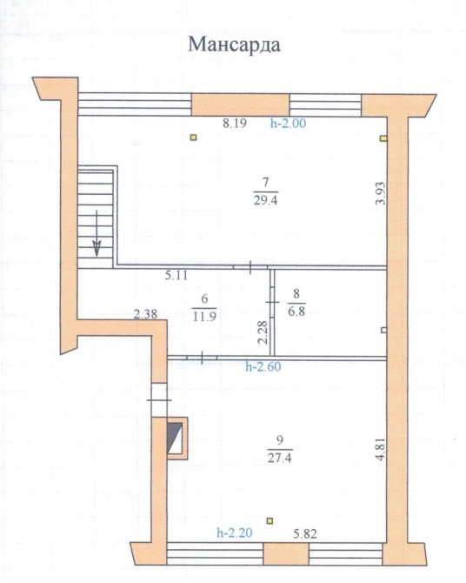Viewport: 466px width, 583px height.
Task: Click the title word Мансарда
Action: (x=234, y=45)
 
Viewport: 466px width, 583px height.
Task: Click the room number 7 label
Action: (x=265, y=182)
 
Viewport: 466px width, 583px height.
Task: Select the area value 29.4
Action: (x=265, y=201)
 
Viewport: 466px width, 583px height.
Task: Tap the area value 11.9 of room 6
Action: (x=204, y=317)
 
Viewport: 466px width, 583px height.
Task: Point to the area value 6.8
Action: (x=296, y=311)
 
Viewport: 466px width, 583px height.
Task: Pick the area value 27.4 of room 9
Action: (x=279, y=458)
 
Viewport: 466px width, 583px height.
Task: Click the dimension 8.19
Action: (x=235, y=123)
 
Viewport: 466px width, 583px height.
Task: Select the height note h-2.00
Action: (x=289, y=123)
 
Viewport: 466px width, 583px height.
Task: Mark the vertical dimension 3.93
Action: (x=380, y=193)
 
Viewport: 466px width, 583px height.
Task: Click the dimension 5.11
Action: (x=176, y=276)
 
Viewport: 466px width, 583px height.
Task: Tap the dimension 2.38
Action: (x=145, y=315)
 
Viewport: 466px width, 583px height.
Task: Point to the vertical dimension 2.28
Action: (x=263, y=332)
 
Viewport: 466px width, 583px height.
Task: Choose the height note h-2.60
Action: (x=263, y=367)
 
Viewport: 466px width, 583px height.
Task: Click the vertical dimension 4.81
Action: (x=380, y=450)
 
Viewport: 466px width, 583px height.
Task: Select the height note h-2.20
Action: (x=235, y=533)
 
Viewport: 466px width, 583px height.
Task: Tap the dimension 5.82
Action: (x=304, y=534)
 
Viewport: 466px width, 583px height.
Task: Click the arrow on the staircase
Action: (x=97, y=233)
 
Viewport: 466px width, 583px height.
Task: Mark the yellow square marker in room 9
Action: (x=270, y=521)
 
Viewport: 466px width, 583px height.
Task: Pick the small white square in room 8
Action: (x=384, y=330)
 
